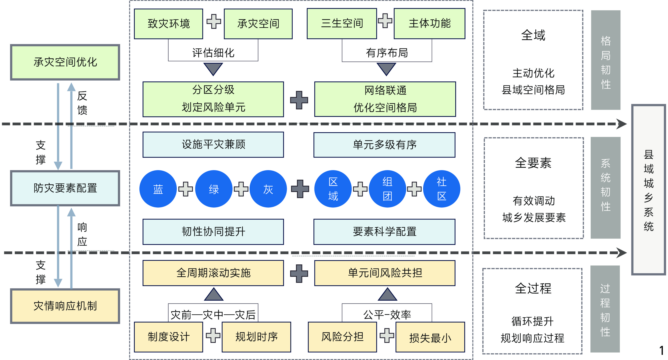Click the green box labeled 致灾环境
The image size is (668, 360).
pyautogui.click(x=168, y=24)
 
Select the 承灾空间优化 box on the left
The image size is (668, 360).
pyautogui.click(x=65, y=62)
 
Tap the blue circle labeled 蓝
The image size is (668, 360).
pyautogui.click(x=158, y=189)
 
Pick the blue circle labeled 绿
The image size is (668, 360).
pyautogui.click(x=214, y=189)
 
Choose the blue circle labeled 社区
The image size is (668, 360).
pyautogui.click(x=441, y=189)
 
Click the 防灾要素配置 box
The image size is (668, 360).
pyautogui.click(x=65, y=188)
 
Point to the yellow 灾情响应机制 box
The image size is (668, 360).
pyautogui.click(x=65, y=306)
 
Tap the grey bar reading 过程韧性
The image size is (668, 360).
pyautogui.click(x=605, y=309)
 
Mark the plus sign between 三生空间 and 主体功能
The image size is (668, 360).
pyautogui.click(x=385, y=21)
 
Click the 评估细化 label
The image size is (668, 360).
pyautogui.click(x=213, y=53)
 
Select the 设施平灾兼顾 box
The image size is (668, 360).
pyautogui.click(x=213, y=145)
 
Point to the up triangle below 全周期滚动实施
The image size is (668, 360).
pyautogui.click(x=214, y=294)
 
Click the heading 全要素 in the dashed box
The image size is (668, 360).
pyautogui.click(x=533, y=163)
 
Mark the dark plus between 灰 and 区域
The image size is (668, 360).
pyautogui.click(x=300, y=189)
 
